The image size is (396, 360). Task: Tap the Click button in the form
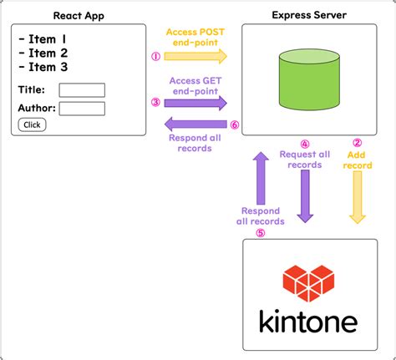32,124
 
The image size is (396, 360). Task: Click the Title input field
82,90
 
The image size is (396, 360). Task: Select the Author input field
82,108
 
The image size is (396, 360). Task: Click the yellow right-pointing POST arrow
195,57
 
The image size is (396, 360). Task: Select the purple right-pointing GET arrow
195,103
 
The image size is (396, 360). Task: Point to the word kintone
308,321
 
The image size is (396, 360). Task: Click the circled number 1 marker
155,57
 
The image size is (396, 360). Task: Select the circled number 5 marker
261,233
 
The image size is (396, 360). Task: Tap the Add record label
358,160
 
